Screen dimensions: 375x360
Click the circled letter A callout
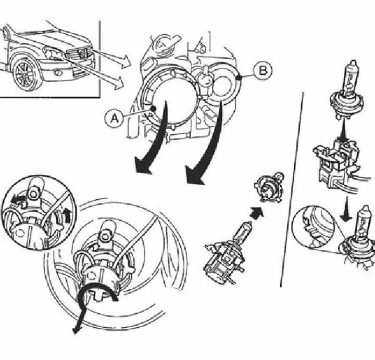(x=114, y=118)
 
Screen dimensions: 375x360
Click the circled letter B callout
(x=263, y=71)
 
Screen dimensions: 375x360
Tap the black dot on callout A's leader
(x=154, y=109)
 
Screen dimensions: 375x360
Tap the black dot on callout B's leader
(x=239, y=77)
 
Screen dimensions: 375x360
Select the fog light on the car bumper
(x=57, y=72)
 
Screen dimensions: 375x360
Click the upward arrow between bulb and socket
(x=343, y=130)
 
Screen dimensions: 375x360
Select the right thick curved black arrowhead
(x=195, y=176)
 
